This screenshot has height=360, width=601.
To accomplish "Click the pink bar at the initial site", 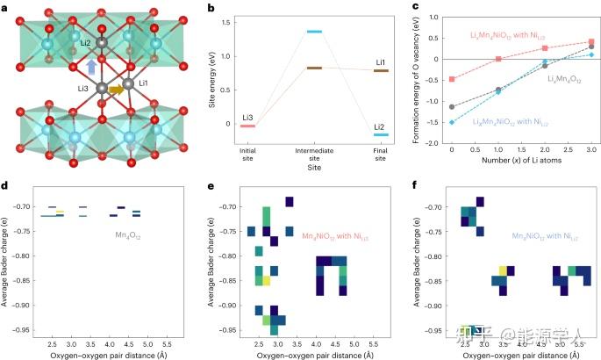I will click(247, 126).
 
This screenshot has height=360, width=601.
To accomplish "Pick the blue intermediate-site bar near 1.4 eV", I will click(314, 32).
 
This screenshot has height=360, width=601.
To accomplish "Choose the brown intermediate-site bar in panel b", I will click(314, 68).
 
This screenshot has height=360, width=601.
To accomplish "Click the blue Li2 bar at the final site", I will click(381, 135).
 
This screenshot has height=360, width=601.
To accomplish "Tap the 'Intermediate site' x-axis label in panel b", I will click(314, 153).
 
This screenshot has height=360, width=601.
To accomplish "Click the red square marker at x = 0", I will click(452, 79).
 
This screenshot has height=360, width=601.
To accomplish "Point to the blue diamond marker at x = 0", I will click(452, 122).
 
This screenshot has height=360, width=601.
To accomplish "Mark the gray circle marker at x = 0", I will click(452, 107).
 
